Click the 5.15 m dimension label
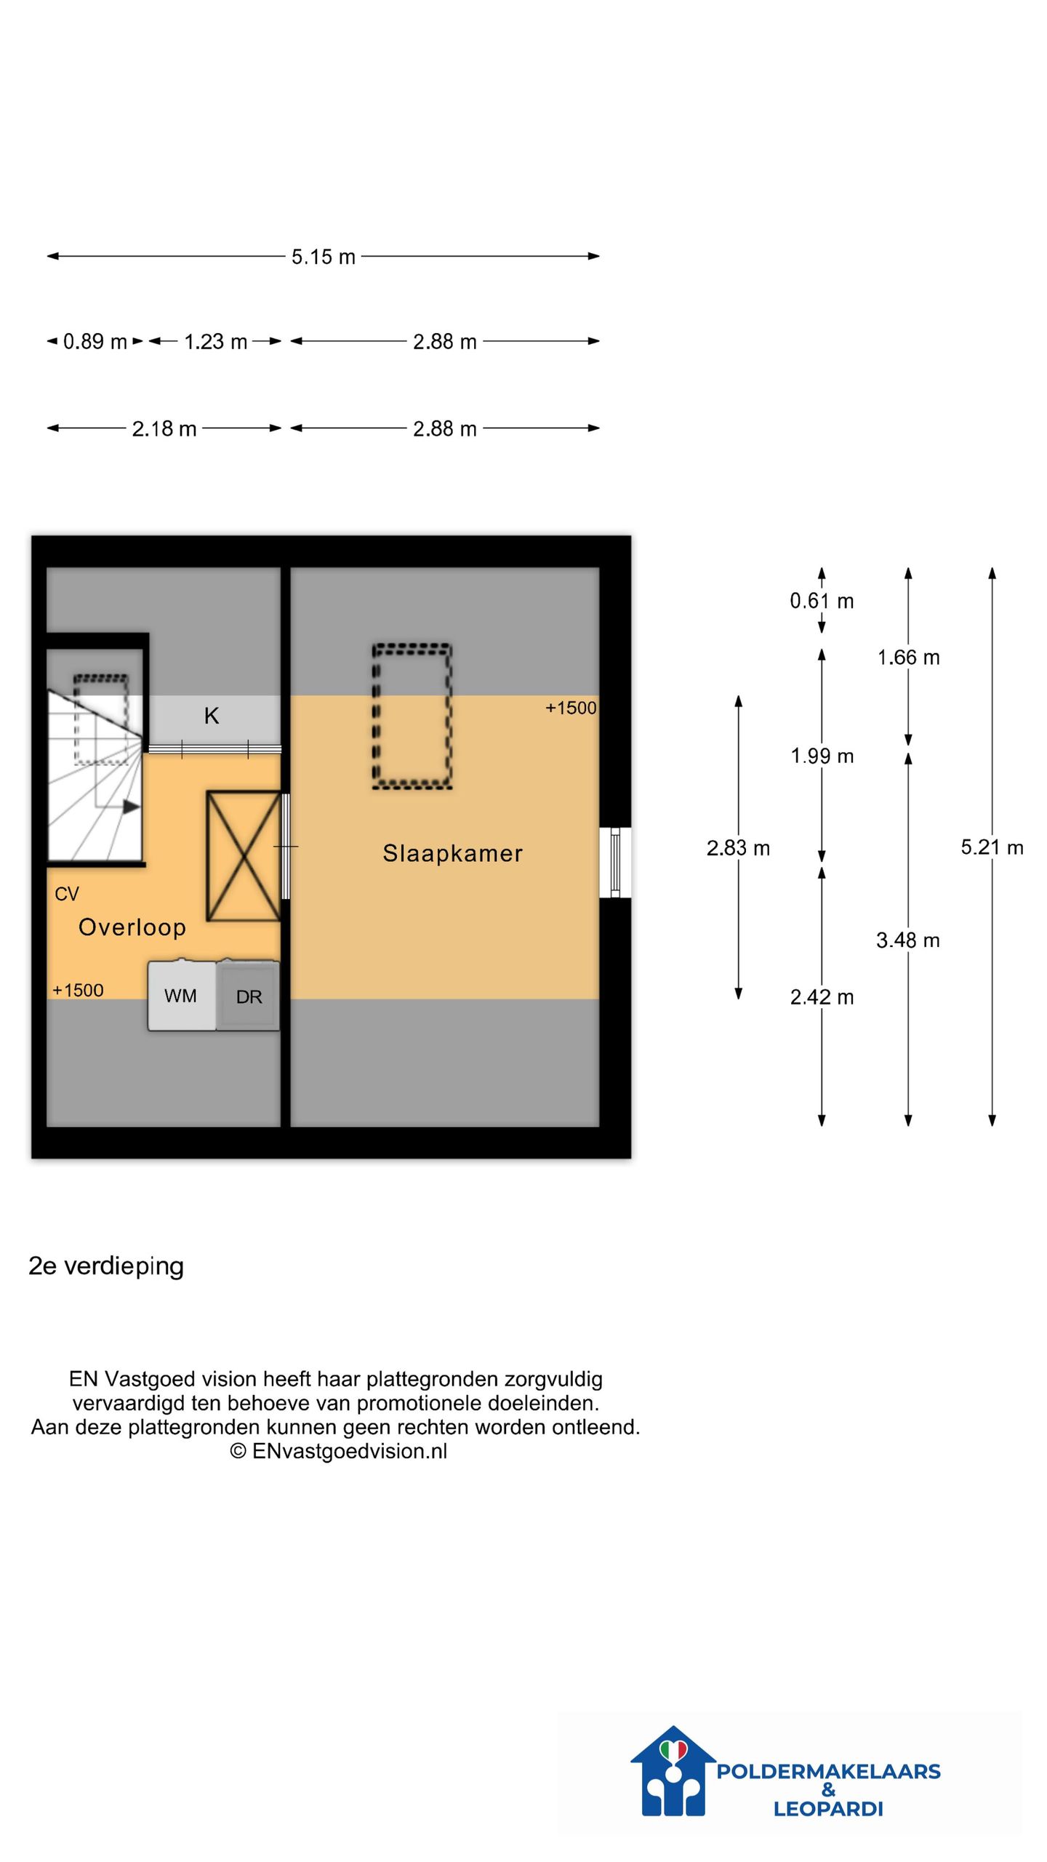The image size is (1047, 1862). tap(323, 257)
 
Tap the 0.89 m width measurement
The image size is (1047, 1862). tap(95, 341)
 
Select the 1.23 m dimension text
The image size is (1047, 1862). tap(215, 341)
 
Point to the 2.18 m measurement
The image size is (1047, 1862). tap(164, 428)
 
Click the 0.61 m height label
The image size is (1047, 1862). tap(822, 601)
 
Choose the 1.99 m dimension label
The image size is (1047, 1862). tap(822, 756)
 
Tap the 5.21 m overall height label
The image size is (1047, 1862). tap(992, 847)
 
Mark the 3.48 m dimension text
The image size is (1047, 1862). tap(907, 940)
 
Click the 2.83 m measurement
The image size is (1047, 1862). tap(738, 847)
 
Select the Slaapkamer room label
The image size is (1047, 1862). tap(452, 853)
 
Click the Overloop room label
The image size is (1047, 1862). tap(132, 927)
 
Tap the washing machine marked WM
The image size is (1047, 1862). tap(182, 995)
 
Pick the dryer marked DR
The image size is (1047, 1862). tap(248, 995)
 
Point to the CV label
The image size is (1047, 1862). tap(66, 894)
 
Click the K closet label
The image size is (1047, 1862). tap(211, 716)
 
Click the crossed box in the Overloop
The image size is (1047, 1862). tap(244, 856)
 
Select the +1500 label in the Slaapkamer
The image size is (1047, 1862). tap(571, 708)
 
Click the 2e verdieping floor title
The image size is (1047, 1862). tap(106, 1266)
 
